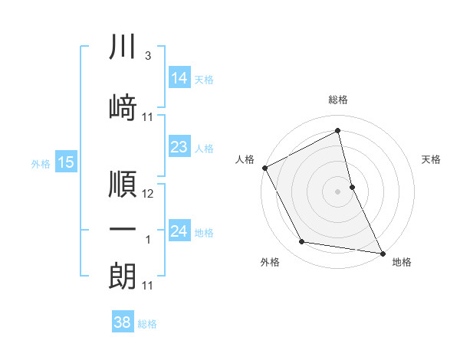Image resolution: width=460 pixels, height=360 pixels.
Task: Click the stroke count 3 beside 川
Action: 147,57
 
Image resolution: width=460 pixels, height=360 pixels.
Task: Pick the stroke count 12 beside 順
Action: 148,195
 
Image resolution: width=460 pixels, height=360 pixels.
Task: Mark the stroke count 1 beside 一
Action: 148,241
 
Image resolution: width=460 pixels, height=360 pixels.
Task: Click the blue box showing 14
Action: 179,77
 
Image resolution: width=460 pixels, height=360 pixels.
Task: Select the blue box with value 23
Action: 179,147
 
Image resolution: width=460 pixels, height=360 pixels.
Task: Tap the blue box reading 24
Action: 179,231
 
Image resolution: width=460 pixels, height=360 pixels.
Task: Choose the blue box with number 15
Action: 65,162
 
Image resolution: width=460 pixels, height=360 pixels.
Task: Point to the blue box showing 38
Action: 123,322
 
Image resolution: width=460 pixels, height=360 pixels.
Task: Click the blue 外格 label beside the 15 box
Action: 40,163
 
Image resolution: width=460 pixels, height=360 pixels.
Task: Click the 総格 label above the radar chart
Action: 338,100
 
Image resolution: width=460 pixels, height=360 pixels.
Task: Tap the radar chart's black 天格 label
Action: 431,159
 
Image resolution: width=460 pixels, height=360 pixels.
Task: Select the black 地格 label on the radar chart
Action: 402,262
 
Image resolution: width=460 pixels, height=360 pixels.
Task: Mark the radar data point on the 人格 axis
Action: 264,167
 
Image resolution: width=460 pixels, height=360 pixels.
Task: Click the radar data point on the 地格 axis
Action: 381,252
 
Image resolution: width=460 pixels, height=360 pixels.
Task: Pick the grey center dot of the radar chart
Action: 337,191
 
